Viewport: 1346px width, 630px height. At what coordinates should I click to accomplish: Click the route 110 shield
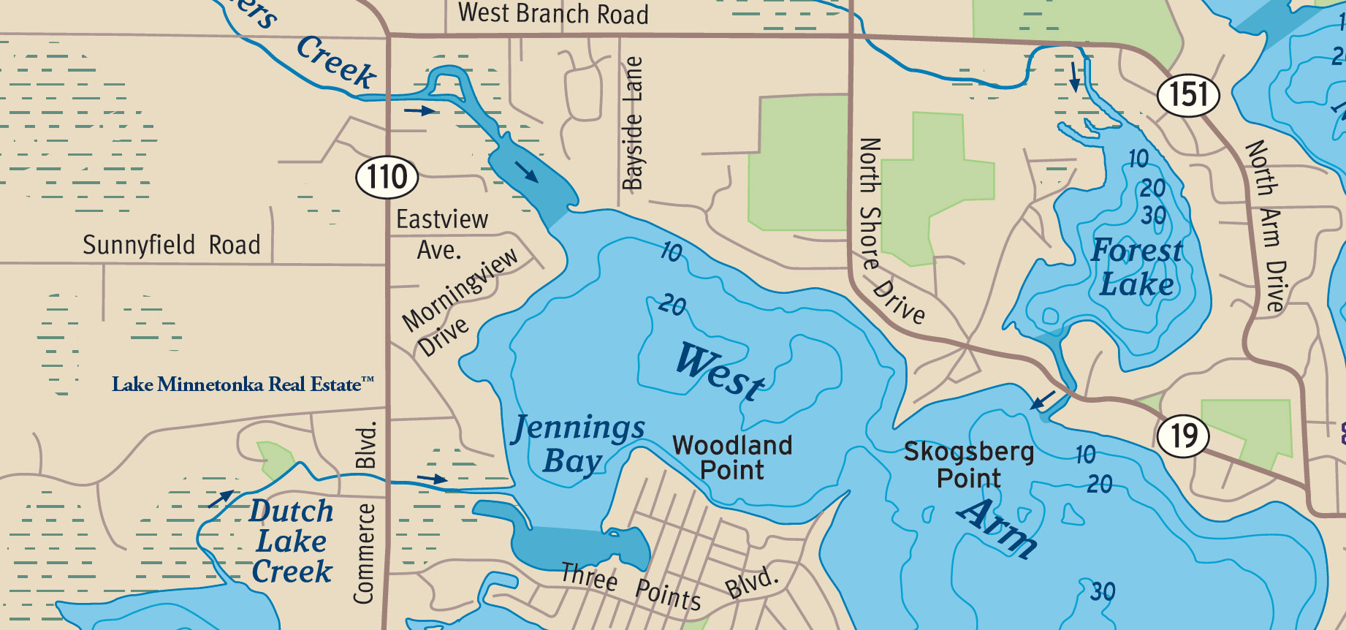click(x=387, y=177)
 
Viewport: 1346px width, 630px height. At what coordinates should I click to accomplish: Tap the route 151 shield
click(x=1188, y=95)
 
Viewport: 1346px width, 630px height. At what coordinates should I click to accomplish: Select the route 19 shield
click(x=1182, y=436)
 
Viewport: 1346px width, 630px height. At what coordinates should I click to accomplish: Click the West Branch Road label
click(x=553, y=14)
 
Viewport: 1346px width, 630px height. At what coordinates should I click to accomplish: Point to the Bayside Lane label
click(x=633, y=123)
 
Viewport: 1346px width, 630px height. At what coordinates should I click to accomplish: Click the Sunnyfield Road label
click(x=171, y=245)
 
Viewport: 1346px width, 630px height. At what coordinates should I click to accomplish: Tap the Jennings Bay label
click(x=577, y=443)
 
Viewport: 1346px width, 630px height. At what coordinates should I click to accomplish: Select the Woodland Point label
click(x=732, y=458)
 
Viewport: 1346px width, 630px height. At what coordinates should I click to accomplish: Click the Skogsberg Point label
click(x=969, y=465)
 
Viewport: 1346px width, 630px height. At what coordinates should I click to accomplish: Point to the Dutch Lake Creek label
click(x=292, y=541)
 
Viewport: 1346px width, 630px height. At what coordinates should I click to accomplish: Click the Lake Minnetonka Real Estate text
click(x=243, y=384)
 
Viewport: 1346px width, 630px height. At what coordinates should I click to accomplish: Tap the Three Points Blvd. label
click(x=669, y=588)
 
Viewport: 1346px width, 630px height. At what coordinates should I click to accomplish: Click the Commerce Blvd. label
click(x=365, y=515)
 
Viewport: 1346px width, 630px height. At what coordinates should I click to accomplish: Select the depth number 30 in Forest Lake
click(x=1154, y=216)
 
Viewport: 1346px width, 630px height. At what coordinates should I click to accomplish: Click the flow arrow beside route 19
click(x=1043, y=400)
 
